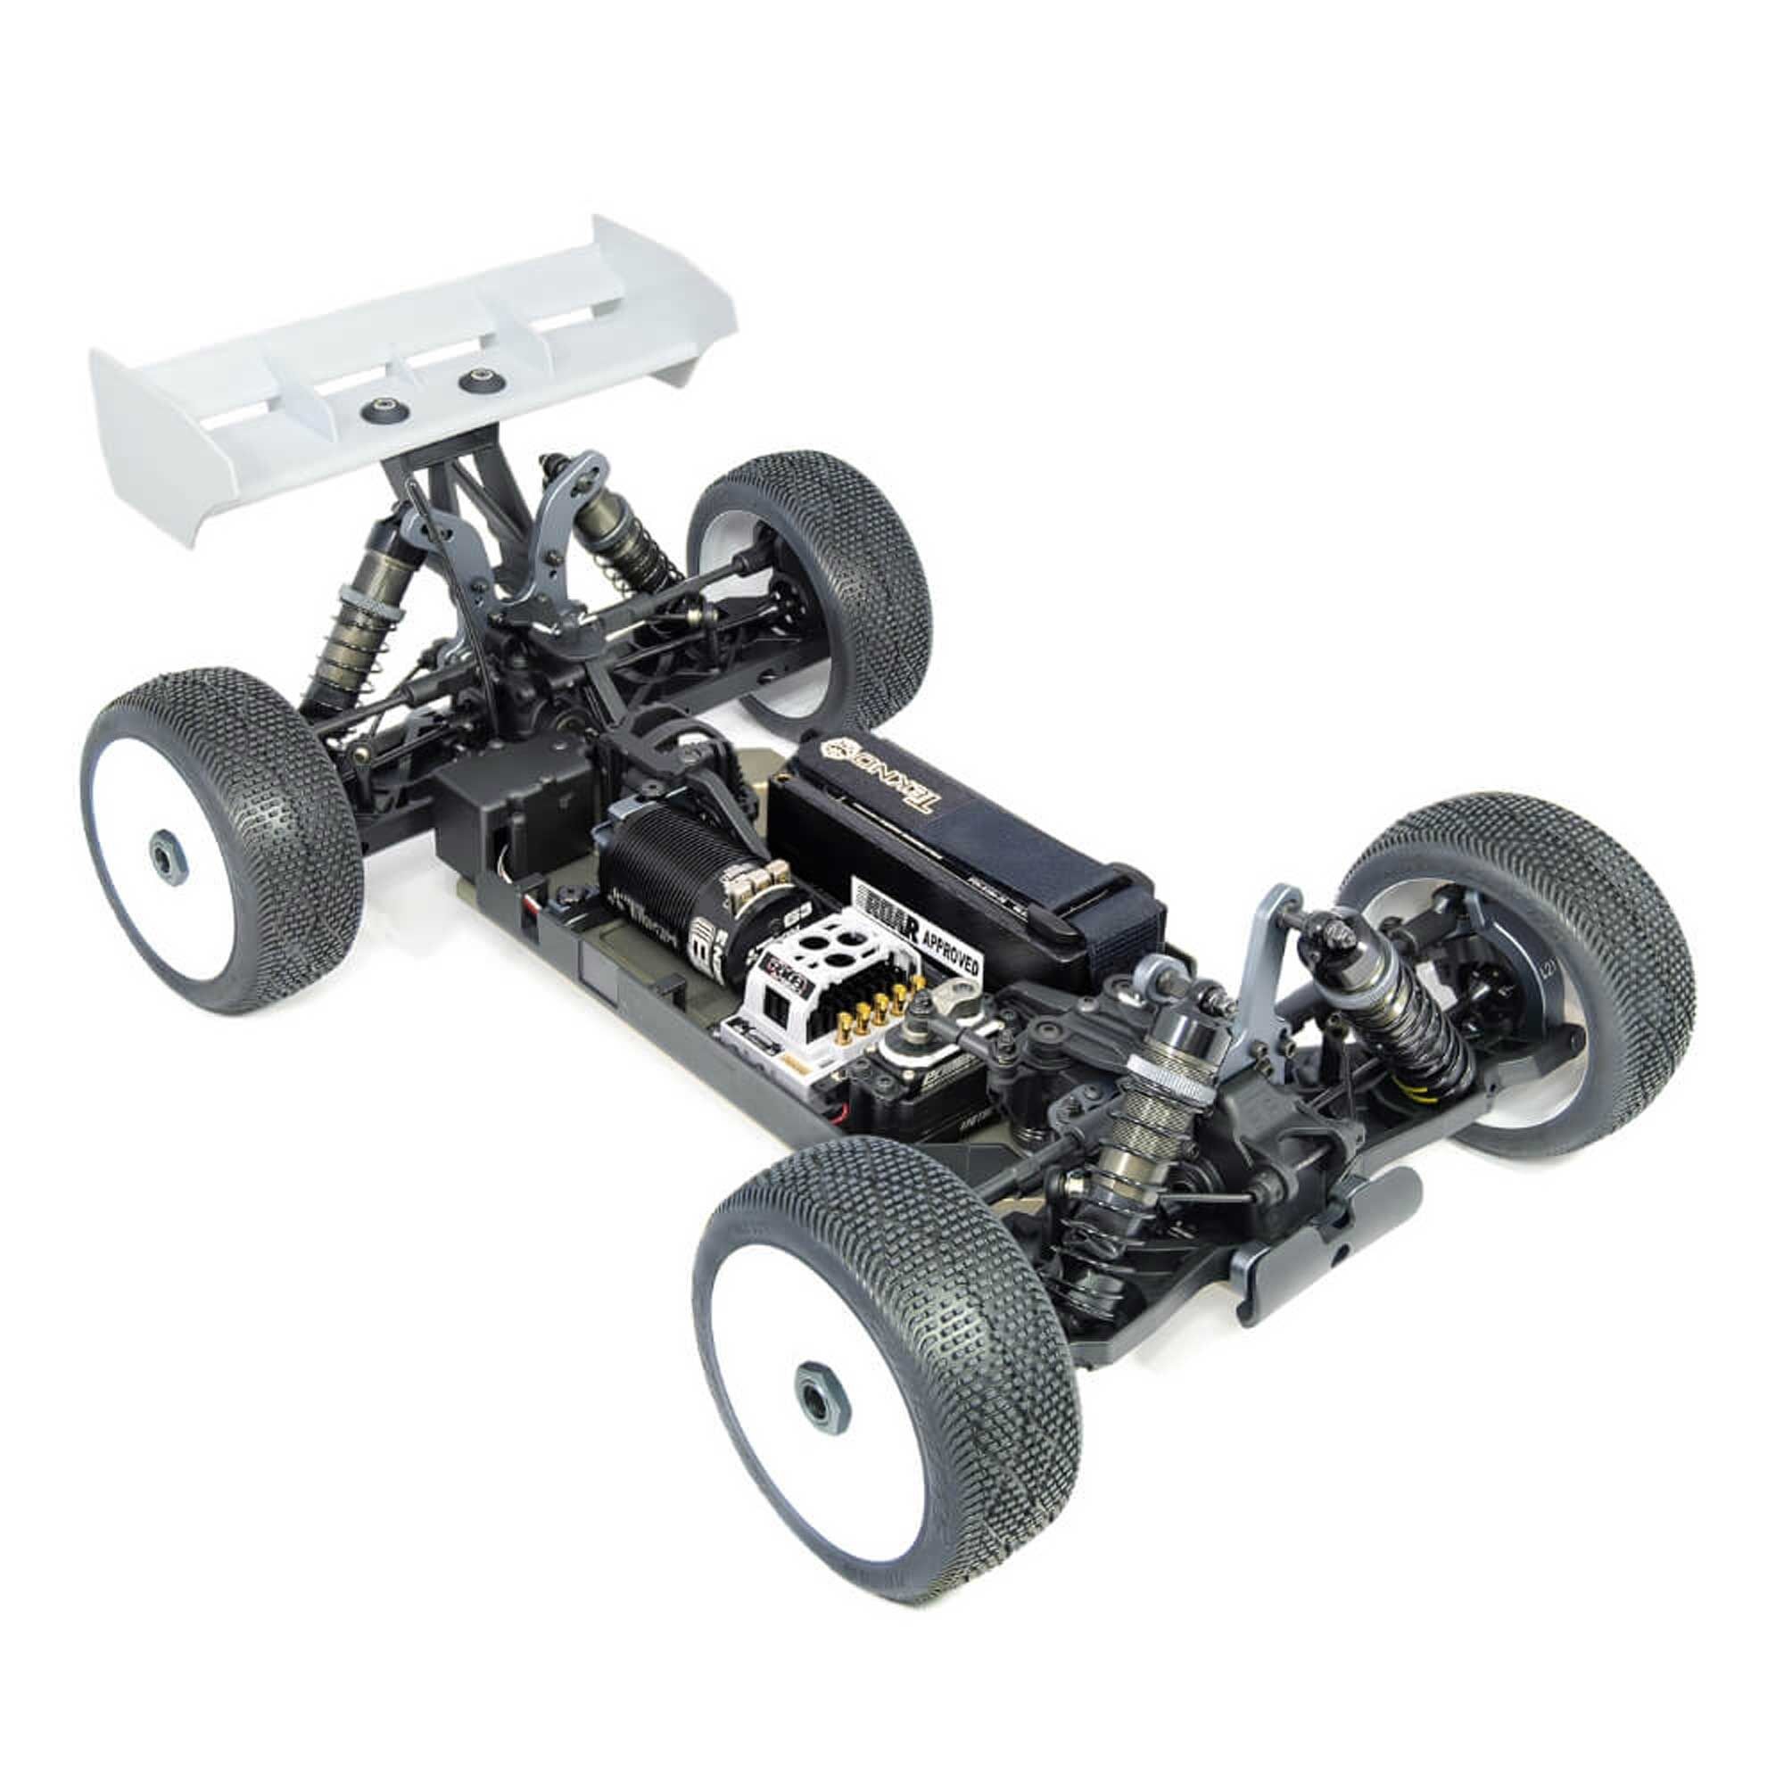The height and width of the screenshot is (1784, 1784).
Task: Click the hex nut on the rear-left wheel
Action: click(167, 854)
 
